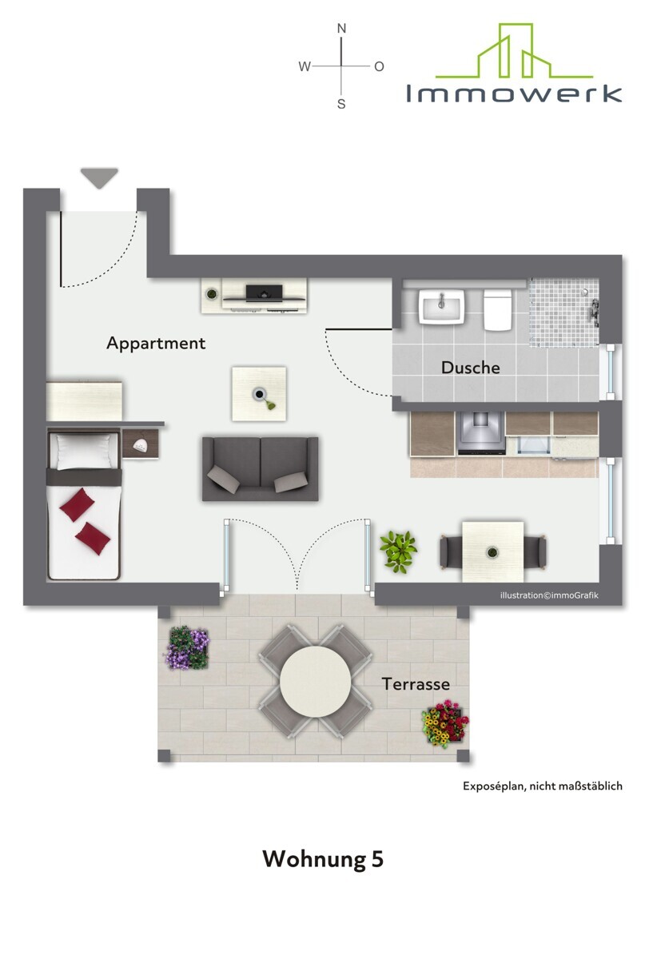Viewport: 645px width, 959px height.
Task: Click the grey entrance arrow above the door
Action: pyautogui.click(x=99, y=177)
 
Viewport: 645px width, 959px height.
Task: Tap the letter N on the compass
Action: pyautogui.click(x=341, y=29)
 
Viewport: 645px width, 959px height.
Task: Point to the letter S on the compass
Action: pyautogui.click(x=341, y=104)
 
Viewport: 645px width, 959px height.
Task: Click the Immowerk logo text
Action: pyautogui.click(x=513, y=94)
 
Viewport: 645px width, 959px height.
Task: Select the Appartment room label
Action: pyautogui.click(x=156, y=344)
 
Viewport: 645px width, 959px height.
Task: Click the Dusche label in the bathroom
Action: pyautogui.click(x=470, y=368)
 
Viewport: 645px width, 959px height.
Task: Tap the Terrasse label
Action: pyautogui.click(x=416, y=684)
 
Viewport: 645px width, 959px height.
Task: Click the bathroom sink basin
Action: pyautogui.click(x=441, y=306)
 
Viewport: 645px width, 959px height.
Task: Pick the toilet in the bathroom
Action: pyautogui.click(x=498, y=309)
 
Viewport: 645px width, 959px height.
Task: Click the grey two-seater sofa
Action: pyautogui.click(x=260, y=469)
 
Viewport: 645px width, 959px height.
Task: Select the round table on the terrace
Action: pyautogui.click(x=315, y=681)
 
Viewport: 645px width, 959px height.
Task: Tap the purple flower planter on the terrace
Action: pyautogui.click(x=188, y=648)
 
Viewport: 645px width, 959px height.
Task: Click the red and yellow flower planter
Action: pyautogui.click(x=445, y=724)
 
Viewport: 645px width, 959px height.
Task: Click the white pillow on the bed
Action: pyautogui.click(x=84, y=452)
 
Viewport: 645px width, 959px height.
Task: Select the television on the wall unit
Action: pyautogui.click(x=264, y=292)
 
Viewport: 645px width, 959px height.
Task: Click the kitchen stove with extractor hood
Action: pyautogui.click(x=480, y=432)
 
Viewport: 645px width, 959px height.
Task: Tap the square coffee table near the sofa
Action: pyautogui.click(x=259, y=394)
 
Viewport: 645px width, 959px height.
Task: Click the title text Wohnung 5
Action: pyautogui.click(x=323, y=858)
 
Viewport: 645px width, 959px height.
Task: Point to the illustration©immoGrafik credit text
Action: pyautogui.click(x=549, y=595)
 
